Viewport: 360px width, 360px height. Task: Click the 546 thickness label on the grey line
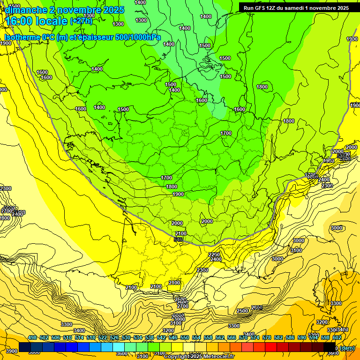[178, 240]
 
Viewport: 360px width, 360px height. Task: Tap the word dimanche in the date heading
[26, 10]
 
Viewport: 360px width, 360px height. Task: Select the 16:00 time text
[20, 21]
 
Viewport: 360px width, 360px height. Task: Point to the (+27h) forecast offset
[81, 21]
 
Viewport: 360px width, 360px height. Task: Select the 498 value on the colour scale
[32, 338]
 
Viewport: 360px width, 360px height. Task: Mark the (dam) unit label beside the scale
[347, 348]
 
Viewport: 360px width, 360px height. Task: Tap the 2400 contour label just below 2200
[216, 259]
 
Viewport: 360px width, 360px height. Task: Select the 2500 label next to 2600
[242, 311]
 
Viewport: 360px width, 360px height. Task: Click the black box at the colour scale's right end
[330, 347]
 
